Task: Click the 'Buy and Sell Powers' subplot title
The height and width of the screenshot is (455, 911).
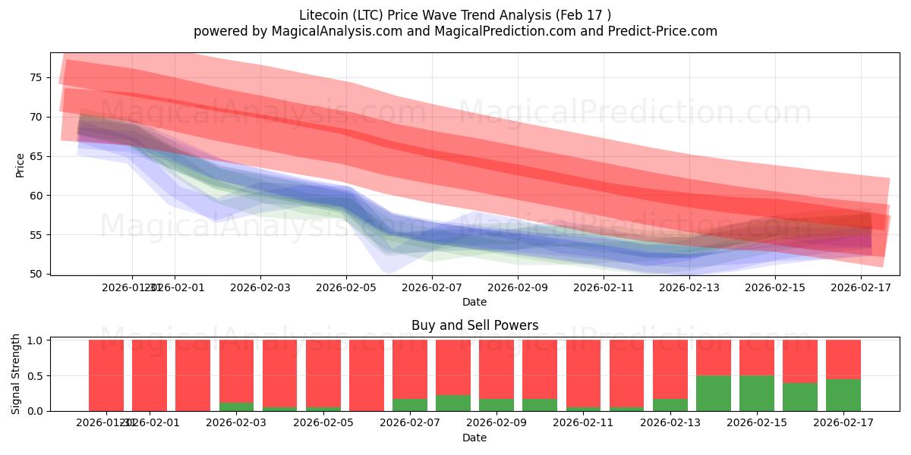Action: coord(474,325)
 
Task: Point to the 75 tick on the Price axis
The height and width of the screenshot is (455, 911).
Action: coord(36,77)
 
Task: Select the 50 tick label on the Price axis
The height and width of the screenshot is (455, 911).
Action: coord(36,274)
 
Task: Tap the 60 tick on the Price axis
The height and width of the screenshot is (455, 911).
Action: coord(36,195)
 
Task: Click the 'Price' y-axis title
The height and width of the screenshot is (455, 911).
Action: coord(20,164)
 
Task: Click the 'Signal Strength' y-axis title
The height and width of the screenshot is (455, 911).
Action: coord(16,375)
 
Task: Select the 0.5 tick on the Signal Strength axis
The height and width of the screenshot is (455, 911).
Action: coord(33,376)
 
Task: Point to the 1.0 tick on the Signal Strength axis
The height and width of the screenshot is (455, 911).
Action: coord(33,340)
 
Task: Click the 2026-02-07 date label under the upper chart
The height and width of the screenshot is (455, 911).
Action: coord(431,287)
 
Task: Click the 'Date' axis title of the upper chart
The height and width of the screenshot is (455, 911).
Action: coord(474,302)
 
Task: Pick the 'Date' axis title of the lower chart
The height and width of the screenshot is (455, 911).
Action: coord(474,438)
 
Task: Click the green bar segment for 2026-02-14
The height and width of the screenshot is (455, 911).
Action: coord(714,393)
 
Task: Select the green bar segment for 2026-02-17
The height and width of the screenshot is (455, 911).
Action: coord(843,395)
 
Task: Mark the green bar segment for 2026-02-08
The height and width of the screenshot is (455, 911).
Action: coord(453,403)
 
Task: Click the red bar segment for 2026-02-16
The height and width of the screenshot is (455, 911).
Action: coord(800,361)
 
